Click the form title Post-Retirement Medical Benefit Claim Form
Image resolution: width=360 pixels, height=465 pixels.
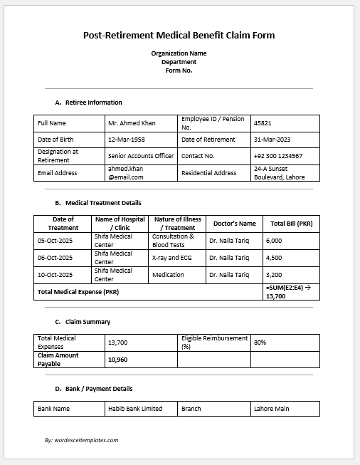[x=179, y=35]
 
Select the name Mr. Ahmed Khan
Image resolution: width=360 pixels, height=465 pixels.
[x=132, y=123]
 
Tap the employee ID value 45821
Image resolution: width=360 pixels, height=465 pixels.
[x=263, y=123]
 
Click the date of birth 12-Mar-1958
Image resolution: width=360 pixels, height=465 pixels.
[x=126, y=140]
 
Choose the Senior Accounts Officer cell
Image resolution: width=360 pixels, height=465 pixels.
[x=141, y=155]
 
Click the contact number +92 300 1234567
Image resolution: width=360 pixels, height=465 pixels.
[x=278, y=155]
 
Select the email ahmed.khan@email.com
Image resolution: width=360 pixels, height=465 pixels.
[x=126, y=173]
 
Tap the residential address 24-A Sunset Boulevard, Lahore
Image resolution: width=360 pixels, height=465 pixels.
[x=279, y=173]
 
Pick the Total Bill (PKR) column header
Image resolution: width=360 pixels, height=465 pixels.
[x=291, y=224]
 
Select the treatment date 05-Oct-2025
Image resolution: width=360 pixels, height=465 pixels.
[x=54, y=241]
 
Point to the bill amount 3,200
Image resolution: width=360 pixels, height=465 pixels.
[x=274, y=274]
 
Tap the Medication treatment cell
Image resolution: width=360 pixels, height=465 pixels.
[x=168, y=274]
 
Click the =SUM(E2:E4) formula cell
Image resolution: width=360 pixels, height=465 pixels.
[x=290, y=291]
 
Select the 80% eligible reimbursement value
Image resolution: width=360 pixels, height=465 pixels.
[x=260, y=343]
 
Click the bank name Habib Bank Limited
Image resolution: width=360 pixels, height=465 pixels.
[x=135, y=409]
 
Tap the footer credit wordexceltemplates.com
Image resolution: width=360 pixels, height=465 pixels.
[x=81, y=440]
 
